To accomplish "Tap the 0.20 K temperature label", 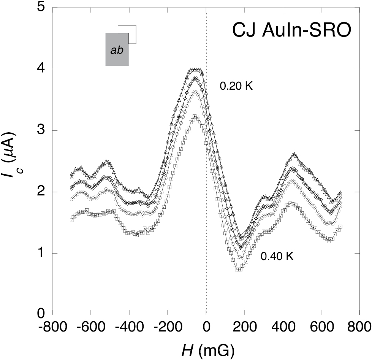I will coord(236,87).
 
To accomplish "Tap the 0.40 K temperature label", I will coord(277,257).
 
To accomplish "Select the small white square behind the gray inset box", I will coord(132,34).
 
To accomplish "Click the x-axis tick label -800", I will coord(52,327).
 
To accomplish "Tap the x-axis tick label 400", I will coord(282,327).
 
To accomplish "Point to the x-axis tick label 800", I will coord(359,327).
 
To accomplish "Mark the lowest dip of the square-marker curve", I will coord(239,270).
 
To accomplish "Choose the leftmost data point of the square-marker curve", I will coord(72,220).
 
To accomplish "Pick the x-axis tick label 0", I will coord(206,327).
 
